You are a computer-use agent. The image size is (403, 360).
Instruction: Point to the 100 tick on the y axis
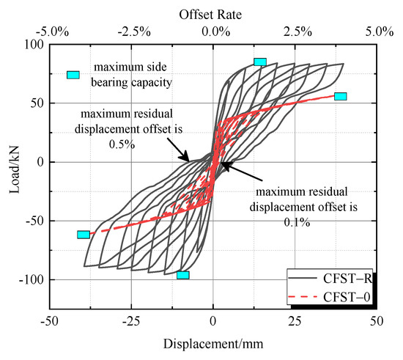34,45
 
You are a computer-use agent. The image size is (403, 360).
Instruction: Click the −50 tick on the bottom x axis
50,321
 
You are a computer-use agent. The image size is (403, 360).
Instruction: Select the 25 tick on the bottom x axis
295,321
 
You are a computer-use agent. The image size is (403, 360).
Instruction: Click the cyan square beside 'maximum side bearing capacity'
73,75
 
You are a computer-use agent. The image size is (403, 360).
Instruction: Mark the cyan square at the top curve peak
260,62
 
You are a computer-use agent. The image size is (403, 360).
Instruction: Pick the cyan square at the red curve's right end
340,96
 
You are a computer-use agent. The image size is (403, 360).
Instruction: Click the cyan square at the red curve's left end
84,235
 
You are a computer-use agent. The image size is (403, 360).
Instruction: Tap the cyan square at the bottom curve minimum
182,275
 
